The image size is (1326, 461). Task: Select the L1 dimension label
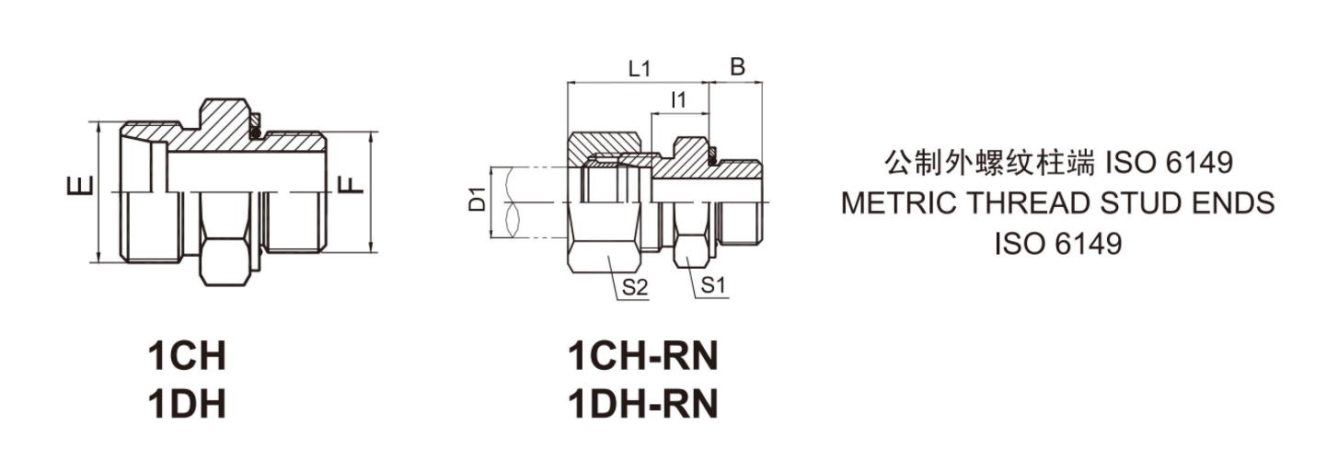click(640, 69)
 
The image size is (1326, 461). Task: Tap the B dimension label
click(737, 69)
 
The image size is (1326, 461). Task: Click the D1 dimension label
click(477, 200)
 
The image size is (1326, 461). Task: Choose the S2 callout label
click(636, 286)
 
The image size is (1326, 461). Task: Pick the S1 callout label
click(714, 286)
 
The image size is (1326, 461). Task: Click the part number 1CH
click(187, 355)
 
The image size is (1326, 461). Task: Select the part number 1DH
click(187, 404)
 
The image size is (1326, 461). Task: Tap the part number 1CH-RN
click(642, 355)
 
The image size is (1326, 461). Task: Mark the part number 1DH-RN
click(642, 404)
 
